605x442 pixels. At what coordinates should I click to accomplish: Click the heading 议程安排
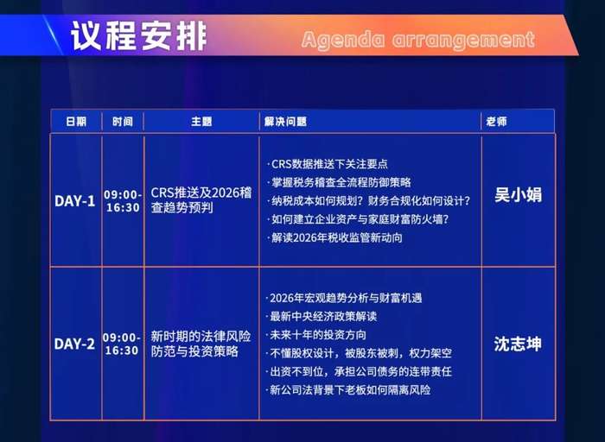139,36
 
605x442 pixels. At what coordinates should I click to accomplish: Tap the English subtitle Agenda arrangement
417,40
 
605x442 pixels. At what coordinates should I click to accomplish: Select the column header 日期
76,122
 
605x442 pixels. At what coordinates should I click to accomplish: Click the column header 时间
123,122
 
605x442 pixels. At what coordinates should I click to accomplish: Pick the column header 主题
201,122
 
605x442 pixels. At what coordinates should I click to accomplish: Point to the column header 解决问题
286,122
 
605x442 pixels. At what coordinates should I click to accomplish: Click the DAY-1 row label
75,200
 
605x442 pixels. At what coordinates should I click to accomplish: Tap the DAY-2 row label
75,344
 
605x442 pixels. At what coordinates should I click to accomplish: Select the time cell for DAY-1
122,201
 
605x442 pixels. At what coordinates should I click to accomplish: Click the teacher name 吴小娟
518,195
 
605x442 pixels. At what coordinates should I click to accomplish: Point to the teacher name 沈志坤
518,344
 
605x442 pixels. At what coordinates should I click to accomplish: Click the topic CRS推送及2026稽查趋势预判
201,200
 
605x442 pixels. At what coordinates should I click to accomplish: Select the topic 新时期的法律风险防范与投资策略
201,343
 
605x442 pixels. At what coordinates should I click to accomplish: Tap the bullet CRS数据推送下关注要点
329,164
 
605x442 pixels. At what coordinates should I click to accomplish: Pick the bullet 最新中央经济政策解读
323,316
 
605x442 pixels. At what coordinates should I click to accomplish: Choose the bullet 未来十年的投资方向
318,334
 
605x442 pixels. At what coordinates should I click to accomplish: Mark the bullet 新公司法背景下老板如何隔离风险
350,389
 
